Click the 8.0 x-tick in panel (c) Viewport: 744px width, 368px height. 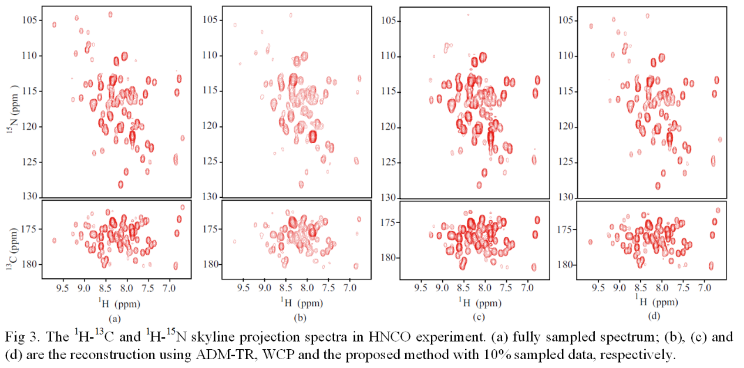click(485, 289)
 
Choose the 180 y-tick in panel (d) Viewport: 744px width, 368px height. click(567, 265)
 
